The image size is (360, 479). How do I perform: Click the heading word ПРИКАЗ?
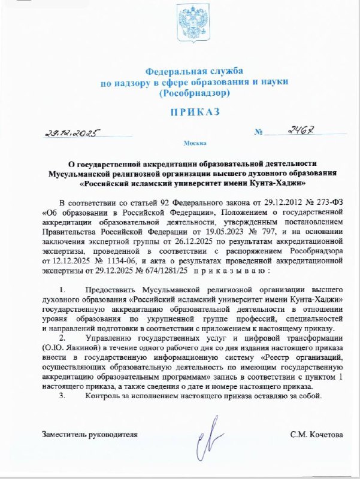tap(187, 112)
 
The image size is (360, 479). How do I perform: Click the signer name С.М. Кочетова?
tap(316, 434)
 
